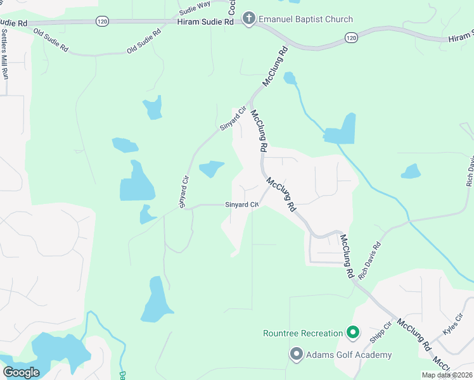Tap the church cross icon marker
point(248,19)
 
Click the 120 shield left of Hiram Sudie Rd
point(102,22)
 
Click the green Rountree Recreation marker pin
point(353,332)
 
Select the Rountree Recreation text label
point(303,333)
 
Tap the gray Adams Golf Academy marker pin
point(296,354)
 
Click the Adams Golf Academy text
point(348,355)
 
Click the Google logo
point(21,372)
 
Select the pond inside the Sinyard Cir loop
point(211,168)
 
